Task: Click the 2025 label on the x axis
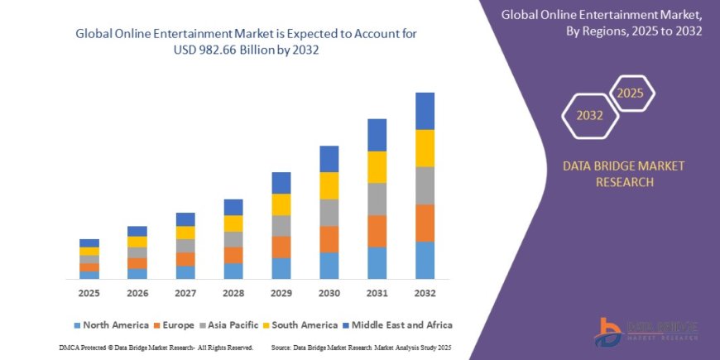(89, 294)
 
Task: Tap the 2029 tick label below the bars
(281, 294)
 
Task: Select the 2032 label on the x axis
(425, 294)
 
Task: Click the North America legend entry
(112, 325)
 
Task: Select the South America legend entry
(303, 325)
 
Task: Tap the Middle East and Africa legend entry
(398, 325)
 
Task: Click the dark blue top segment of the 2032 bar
(425, 111)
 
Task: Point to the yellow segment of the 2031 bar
(377, 167)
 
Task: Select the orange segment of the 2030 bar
(329, 239)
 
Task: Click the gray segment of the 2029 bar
(281, 226)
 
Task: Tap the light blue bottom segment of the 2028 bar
(233, 271)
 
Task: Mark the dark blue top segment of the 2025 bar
(89, 243)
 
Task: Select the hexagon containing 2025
(631, 93)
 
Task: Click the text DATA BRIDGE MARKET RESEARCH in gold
(624, 174)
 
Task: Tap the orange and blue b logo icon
(609, 332)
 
